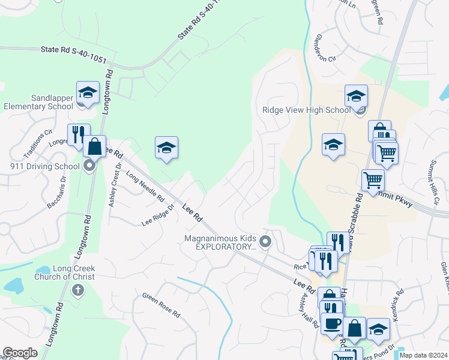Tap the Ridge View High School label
coord(306,110)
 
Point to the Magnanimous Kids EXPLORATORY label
coord(221,242)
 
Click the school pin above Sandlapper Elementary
coord(88,93)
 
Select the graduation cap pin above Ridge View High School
coord(356,96)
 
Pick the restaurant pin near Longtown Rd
coord(78,136)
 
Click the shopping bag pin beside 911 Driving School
coord(94,146)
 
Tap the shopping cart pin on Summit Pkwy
coord(373,179)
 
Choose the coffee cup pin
coord(331,323)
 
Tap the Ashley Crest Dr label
coord(115,185)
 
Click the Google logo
coord(20,353)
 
